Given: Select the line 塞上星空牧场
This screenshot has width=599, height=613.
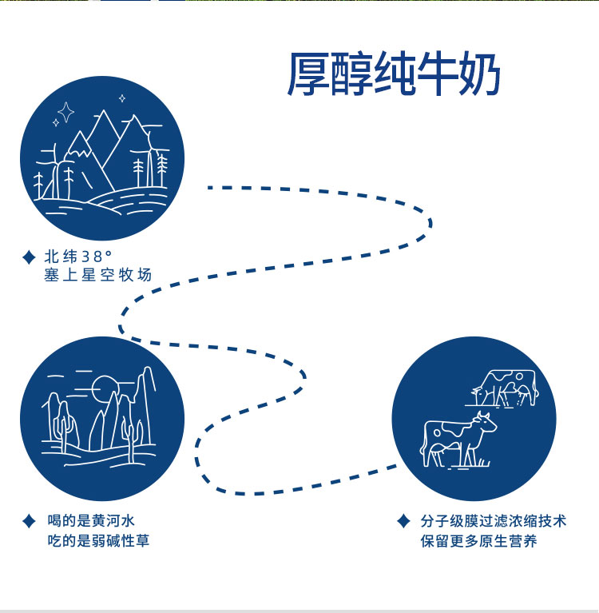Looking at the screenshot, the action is [x=97, y=276].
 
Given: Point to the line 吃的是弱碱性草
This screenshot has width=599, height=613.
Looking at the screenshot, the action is [x=97, y=541].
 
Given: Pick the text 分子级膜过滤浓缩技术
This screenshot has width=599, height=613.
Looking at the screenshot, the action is [x=494, y=522].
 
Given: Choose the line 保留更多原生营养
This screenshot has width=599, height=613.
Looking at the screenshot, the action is [x=478, y=541].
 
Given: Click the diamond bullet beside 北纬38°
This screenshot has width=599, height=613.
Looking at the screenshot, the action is [x=29, y=257].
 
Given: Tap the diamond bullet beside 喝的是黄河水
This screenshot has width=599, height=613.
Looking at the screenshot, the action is [x=29, y=522].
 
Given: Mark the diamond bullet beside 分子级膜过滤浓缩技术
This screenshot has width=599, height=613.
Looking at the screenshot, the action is [x=403, y=522].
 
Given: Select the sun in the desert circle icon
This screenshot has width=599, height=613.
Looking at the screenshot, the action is [x=103, y=389].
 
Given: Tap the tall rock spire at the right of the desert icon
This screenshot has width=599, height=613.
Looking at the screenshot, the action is [x=146, y=404].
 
